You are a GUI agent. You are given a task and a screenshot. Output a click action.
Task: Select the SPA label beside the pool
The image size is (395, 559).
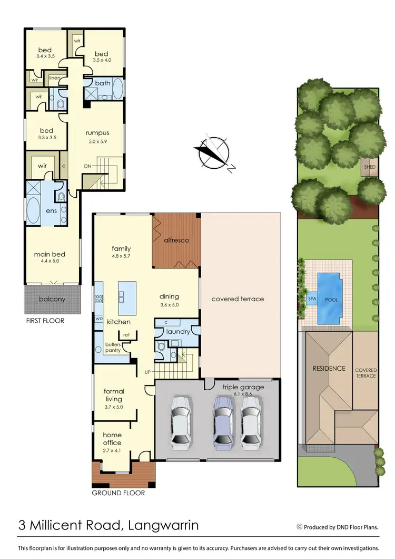311,298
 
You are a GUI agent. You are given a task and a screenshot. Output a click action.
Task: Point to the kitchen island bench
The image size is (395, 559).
127,291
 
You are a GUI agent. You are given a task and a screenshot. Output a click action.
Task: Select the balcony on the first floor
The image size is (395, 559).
52,299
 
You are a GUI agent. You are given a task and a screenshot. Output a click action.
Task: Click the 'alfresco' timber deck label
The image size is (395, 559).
176,240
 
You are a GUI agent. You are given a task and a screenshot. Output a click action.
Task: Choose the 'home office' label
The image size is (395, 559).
112,439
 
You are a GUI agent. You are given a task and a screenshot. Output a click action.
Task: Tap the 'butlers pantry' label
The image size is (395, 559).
113,348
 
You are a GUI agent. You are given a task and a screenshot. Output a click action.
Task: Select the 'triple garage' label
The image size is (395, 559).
243,387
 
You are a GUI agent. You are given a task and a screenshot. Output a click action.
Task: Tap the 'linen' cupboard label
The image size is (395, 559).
54,78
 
